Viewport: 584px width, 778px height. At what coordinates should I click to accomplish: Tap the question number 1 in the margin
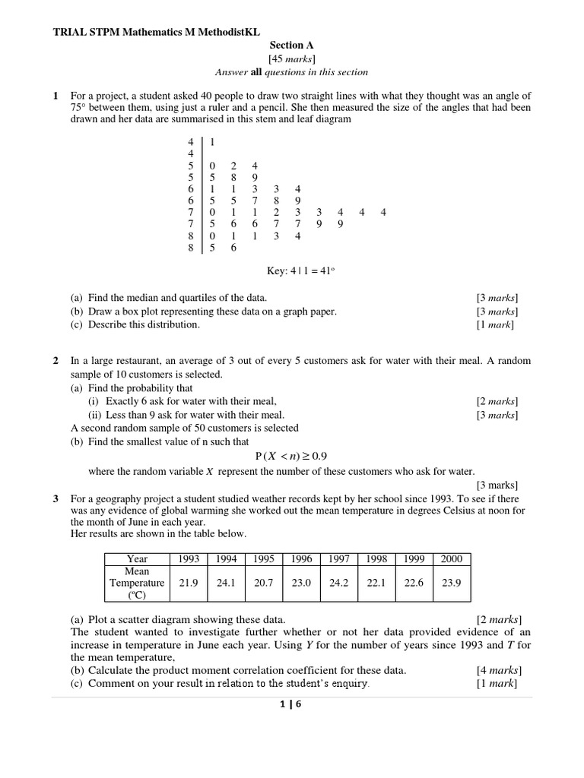[x=56, y=96]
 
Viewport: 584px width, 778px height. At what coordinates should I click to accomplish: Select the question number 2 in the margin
[x=56, y=360]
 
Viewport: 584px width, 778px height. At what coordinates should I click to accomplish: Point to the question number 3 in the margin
[x=56, y=498]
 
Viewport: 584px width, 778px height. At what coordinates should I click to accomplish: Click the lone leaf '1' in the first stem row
[x=211, y=141]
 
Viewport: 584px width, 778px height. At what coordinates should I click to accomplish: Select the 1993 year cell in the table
[x=188, y=558]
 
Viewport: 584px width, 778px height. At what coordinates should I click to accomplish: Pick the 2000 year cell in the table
[x=451, y=558]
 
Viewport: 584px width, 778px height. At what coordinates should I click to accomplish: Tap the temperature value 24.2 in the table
[x=338, y=583]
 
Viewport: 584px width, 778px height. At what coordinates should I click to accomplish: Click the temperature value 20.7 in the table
[x=263, y=583]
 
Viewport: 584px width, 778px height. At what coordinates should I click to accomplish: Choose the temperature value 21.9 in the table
[x=188, y=583]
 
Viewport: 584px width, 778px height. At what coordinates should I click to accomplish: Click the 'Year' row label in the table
[x=138, y=558]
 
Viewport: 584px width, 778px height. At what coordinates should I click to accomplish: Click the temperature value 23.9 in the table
[x=451, y=583]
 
